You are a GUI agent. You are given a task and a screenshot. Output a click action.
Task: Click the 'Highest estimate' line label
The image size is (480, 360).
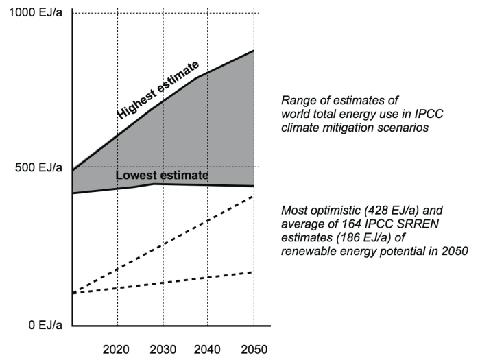click(158, 89)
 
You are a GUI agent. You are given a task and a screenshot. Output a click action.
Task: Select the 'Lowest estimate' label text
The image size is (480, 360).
click(162, 176)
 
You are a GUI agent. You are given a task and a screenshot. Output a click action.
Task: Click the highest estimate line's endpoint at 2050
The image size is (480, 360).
click(254, 51)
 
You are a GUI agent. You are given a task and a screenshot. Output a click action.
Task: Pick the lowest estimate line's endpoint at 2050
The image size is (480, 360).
click(254, 187)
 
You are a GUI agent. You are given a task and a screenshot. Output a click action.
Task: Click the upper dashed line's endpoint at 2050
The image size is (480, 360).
click(254, 196)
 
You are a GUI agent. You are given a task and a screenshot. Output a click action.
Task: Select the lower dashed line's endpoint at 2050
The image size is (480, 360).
click(254, 272)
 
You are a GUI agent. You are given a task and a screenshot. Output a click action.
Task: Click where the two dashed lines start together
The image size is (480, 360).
click(72, 293)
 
